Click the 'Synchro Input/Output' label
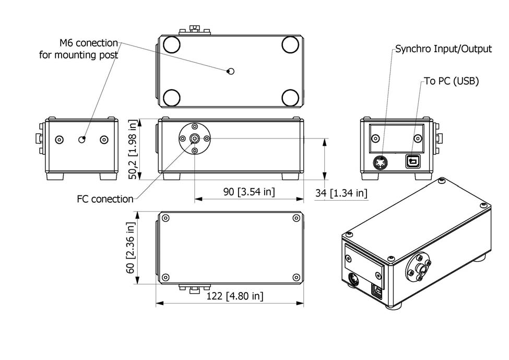[443, 49]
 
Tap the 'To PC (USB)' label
[451, 81]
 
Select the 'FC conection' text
[105, 199]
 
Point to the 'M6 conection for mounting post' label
[79, 49]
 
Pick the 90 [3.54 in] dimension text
[249, 192]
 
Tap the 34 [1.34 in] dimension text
[341, 193]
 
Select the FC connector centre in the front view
[195, 138]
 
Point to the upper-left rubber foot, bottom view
[171, 45]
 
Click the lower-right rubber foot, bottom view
[290, 97]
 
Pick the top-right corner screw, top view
[295, 218]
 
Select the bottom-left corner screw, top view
[166, 276]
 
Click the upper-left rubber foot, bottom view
[171, 45]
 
